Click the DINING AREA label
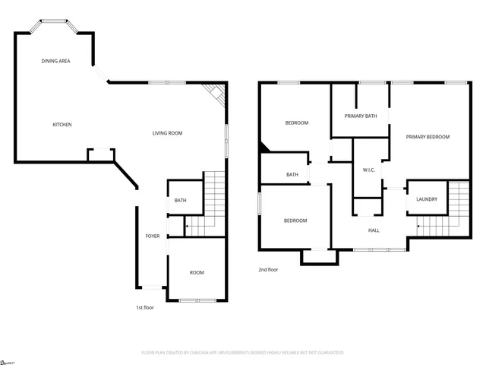56,61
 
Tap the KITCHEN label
62,125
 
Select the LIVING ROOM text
167,133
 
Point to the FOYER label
153,236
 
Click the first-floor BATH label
180,201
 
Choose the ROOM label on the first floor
197,272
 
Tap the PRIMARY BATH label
361,116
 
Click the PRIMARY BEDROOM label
428,137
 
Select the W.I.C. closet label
370,170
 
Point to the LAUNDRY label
426,199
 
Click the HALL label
374,230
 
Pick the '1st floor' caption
144,307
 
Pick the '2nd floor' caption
268,269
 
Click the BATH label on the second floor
292,175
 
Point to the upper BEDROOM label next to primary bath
296,122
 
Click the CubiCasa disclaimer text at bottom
243,353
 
